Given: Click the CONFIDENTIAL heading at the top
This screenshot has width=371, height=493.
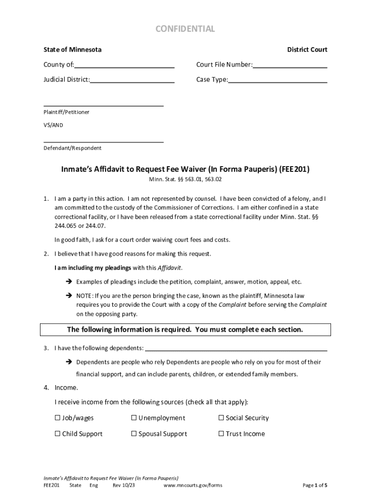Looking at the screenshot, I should pos(185,29).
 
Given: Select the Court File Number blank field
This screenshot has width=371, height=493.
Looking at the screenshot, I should pos(290,65).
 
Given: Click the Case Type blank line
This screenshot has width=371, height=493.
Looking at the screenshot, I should pos(278,80).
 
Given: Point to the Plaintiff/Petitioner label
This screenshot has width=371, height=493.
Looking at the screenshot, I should pos(66,112).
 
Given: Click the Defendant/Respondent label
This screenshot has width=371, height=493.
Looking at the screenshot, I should pos(72,148).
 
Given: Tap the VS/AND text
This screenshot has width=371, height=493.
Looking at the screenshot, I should pos(53,125).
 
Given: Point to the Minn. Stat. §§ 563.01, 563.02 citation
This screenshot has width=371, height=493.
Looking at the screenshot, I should pos(185,180).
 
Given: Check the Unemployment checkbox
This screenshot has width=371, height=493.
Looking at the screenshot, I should pos(134,418).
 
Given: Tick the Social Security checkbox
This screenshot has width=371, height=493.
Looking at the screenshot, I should pos(221,418).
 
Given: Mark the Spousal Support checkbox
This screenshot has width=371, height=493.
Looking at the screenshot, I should pos(134,434).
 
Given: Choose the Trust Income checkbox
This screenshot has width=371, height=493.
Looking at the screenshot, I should pos(221,434).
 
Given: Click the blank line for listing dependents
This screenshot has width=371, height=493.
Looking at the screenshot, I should pos(236,348).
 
